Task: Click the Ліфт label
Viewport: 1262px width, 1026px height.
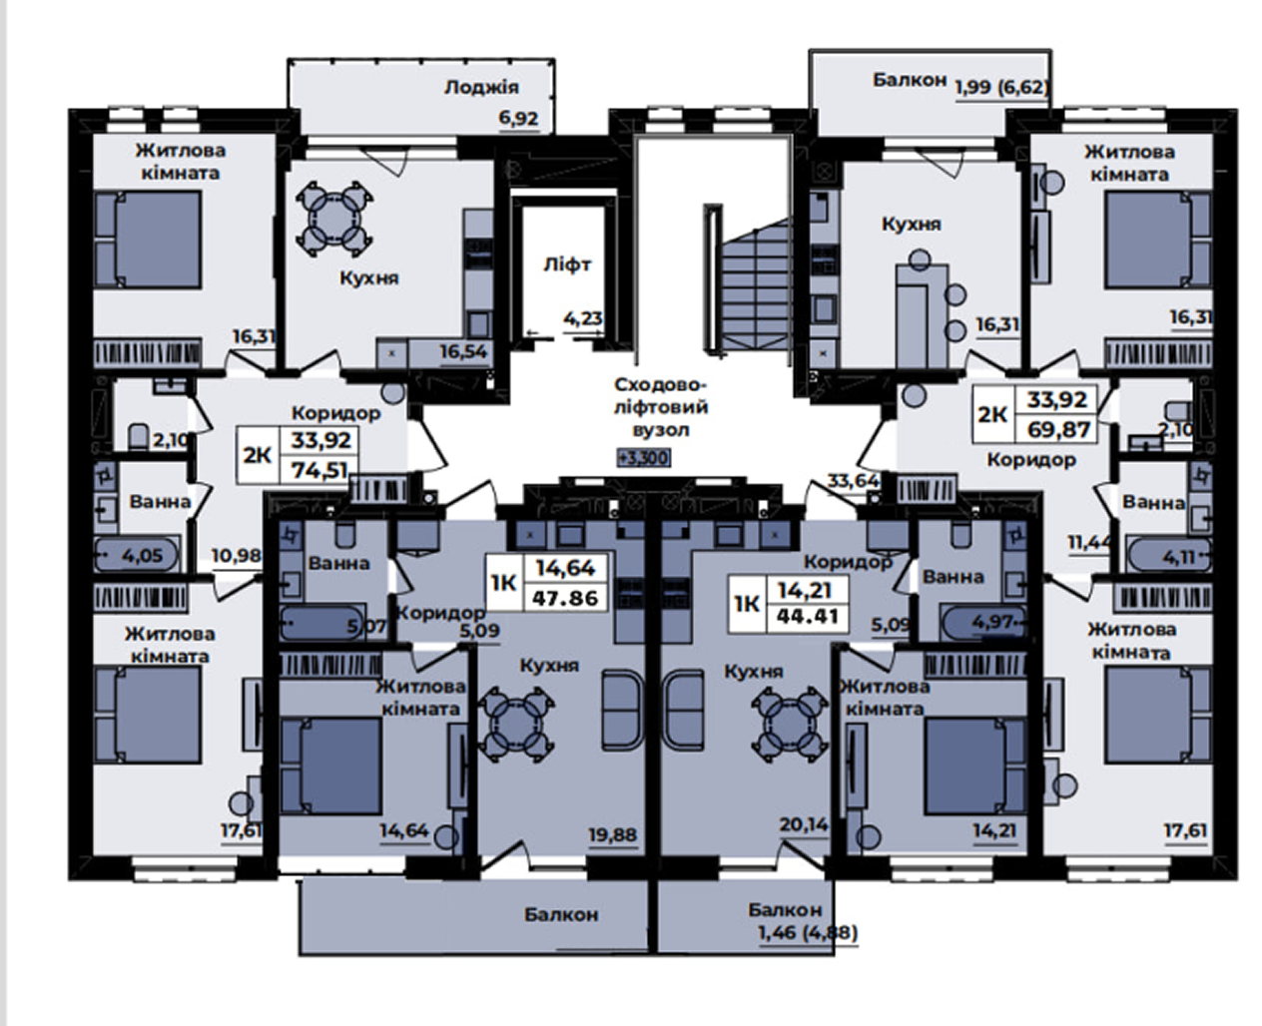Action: [x=567, y=264]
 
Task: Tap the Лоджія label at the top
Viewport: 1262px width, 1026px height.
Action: [x=481, y=88]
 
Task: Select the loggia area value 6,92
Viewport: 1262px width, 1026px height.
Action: [x=518, y=118]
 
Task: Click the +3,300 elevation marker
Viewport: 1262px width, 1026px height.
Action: [x=643, y=457]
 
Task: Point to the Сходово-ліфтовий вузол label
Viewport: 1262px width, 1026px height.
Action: [x=661, y=407]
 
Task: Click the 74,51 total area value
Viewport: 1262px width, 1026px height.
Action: [x=319, y=471]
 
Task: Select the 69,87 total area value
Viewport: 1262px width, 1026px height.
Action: [x=1058, y=429]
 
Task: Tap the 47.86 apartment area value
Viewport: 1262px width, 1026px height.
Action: [x=565, y=598]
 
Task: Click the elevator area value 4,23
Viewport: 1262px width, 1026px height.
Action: [x=583, y=318]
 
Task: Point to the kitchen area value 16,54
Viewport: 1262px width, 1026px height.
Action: [x=463, y=352]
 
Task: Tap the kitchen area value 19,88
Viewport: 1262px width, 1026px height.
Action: [x=613, y=834]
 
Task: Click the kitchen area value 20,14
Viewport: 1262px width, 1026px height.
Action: [x=804, y=824]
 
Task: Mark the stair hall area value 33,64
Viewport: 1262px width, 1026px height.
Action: [x=853, y=480]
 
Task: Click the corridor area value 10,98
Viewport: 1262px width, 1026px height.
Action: [x=237, y=556]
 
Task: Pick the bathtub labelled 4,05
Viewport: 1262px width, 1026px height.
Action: [x=137, y=555]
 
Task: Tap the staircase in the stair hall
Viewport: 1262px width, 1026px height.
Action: [x=748, y=283]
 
